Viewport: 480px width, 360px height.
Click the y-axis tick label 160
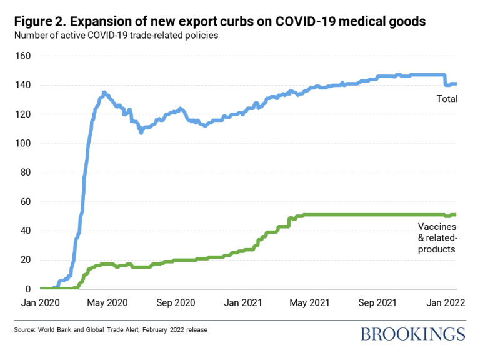[x=23, y=56]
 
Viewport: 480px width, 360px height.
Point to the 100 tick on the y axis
[x=23, y=143]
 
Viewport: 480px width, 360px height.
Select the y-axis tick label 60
[x=26, y=202]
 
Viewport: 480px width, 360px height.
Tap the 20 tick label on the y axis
[x=26, y=260]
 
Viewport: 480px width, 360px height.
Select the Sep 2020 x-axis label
[x=175, y=302]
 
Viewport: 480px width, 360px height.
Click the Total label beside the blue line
[x=447, y=99]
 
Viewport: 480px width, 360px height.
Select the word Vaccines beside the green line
[x=437, y=228]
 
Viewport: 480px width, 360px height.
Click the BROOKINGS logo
[x=412, y=334]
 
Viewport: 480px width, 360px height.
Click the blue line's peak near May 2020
[x=104, y=92]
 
